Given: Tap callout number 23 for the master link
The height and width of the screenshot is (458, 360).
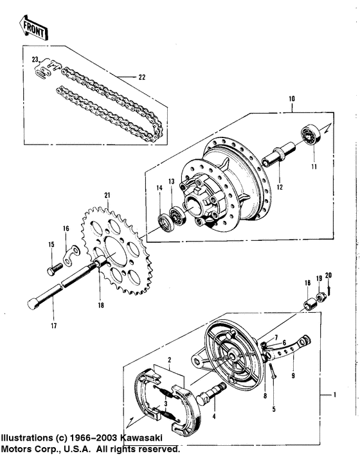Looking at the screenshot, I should click(35, 60).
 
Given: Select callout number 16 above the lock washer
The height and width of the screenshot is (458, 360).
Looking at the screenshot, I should click(65, 228).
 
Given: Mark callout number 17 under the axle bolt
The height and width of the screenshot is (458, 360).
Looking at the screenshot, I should click(53, 326).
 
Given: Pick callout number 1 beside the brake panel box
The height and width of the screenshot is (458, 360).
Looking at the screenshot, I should click(334, 393).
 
